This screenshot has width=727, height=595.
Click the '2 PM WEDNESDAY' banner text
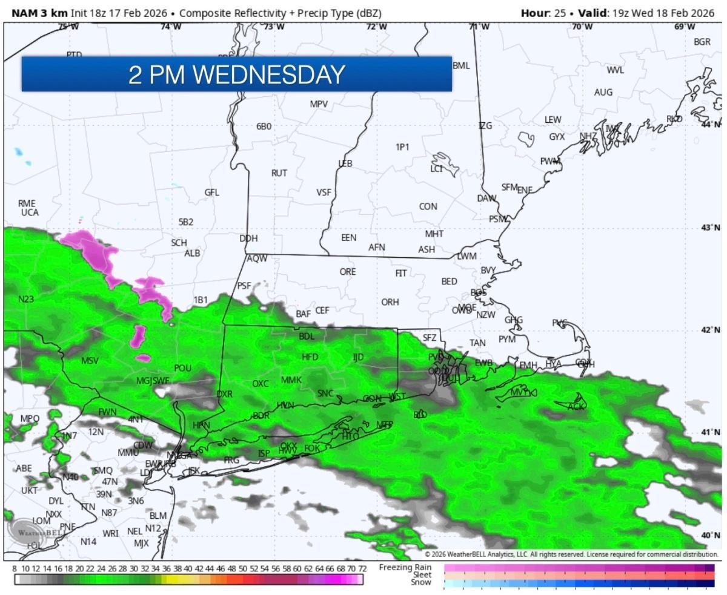236,74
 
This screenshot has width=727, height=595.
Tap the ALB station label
192,253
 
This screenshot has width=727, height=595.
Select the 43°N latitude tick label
711,227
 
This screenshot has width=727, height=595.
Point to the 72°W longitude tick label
376,27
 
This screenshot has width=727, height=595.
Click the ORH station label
390,302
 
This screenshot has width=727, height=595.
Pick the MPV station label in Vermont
319,104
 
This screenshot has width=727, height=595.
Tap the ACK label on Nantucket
576,407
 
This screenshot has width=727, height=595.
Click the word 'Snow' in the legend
422,583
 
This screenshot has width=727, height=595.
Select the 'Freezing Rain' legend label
405,567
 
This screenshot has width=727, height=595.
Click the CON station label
428,206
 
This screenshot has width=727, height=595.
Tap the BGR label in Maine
702,42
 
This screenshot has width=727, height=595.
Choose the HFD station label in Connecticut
310,357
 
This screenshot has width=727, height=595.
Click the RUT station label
279,173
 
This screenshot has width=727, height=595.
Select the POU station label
182,368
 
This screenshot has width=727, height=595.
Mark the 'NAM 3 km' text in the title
36,13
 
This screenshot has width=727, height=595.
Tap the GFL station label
211,192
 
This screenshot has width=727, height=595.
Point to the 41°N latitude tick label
711,432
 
